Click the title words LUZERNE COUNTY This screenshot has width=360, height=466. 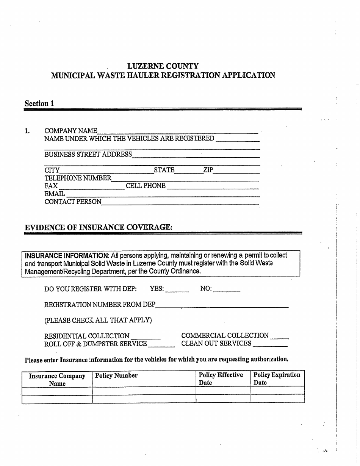click(163, 66)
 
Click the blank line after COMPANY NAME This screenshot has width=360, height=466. click(177, 131)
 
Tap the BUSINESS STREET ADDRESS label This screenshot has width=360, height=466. click(88, 155)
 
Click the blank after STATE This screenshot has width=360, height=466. click(188, 170)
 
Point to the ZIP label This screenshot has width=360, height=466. click(208, 170)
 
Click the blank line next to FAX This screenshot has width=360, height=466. click(91, 186)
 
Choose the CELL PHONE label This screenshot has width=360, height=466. click(146, 186)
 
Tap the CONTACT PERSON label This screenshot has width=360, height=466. click(73, 202)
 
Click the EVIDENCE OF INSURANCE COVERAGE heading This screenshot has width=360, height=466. click(99, 227)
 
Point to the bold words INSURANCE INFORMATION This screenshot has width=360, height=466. click(67, 255)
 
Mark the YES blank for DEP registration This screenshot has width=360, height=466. click(177, 289)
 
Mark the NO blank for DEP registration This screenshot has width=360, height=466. click(227, 289)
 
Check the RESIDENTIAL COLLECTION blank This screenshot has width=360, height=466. click(146, 336)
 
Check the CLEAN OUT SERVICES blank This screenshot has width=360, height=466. click(270, 344)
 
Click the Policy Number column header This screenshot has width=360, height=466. click(116, 376)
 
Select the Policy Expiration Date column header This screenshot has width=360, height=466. click(277, 378)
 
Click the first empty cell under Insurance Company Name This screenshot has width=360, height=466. click(57, 391)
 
